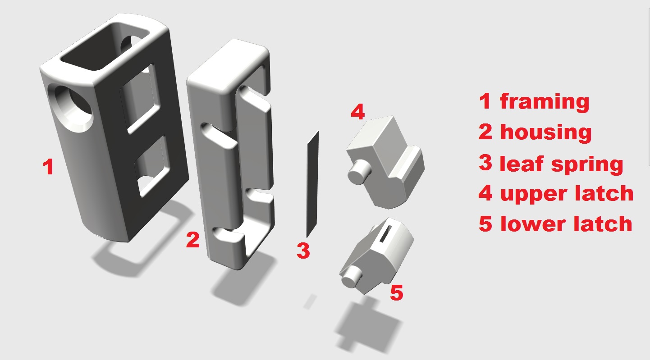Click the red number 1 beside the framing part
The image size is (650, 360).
49,167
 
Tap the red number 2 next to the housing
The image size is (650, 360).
192,240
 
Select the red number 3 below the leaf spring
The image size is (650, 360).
303,251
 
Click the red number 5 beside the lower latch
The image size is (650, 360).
396,292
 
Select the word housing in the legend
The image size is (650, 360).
546,132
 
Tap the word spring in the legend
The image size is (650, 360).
587,165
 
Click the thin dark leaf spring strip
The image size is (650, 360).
312,184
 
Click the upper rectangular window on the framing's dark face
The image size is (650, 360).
140,99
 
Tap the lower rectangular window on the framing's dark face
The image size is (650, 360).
151,167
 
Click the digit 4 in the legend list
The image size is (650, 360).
485,193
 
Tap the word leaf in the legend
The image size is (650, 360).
522,164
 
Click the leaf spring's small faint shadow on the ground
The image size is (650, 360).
310,302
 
